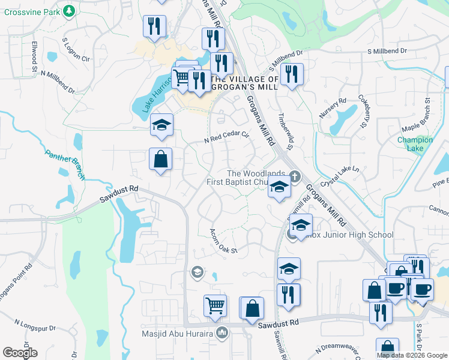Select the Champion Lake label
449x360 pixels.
[415, 144]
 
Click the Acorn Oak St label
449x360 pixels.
[224, 240]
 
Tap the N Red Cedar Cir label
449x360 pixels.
[226, 137]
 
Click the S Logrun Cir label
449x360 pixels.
[76, 51]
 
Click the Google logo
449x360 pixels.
[20, 353]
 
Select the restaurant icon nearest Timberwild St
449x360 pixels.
[292, 74]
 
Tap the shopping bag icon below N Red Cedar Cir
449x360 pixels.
[161, 159]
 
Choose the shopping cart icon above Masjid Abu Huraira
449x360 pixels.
[215, 305]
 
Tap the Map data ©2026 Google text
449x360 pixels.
[412, 355]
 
